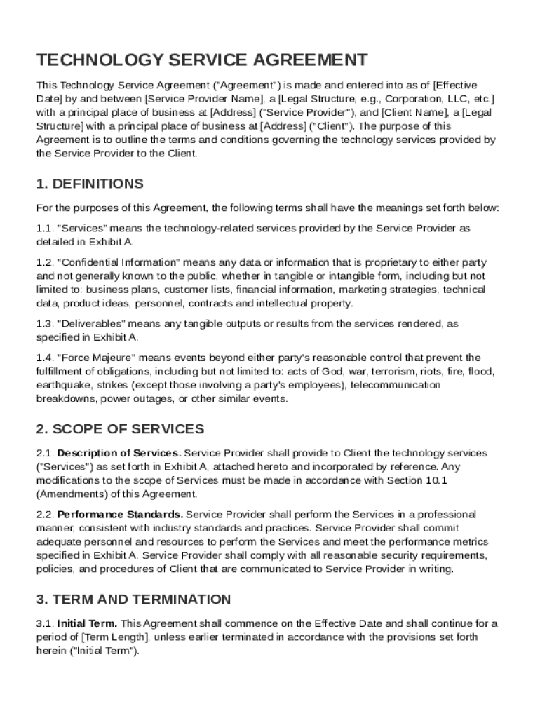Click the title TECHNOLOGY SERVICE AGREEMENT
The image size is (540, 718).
tap(202, 60)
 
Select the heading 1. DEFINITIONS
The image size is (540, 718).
tap(90, 184)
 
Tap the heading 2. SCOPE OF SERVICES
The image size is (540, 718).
tap(120, 428)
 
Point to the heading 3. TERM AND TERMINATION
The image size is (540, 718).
tap(133, 600)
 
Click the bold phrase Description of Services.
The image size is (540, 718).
tap(119, 453)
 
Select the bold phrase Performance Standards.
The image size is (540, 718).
tap(121, 514)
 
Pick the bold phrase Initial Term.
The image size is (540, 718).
tap(88, 623)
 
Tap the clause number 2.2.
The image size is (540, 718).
tap(45, 514)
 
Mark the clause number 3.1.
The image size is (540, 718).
tap(45, 623)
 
